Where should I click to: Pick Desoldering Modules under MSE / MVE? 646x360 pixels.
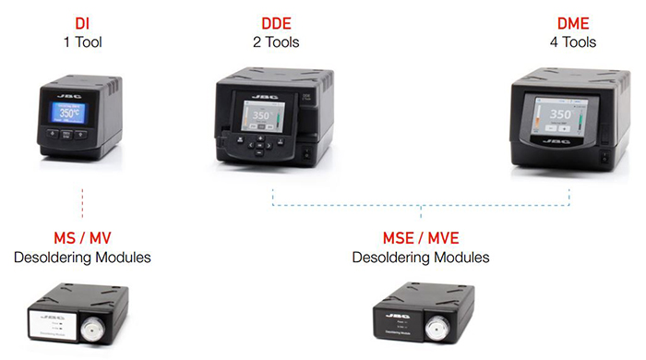pos(421,258)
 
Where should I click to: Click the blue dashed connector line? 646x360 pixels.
pos(421,205)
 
